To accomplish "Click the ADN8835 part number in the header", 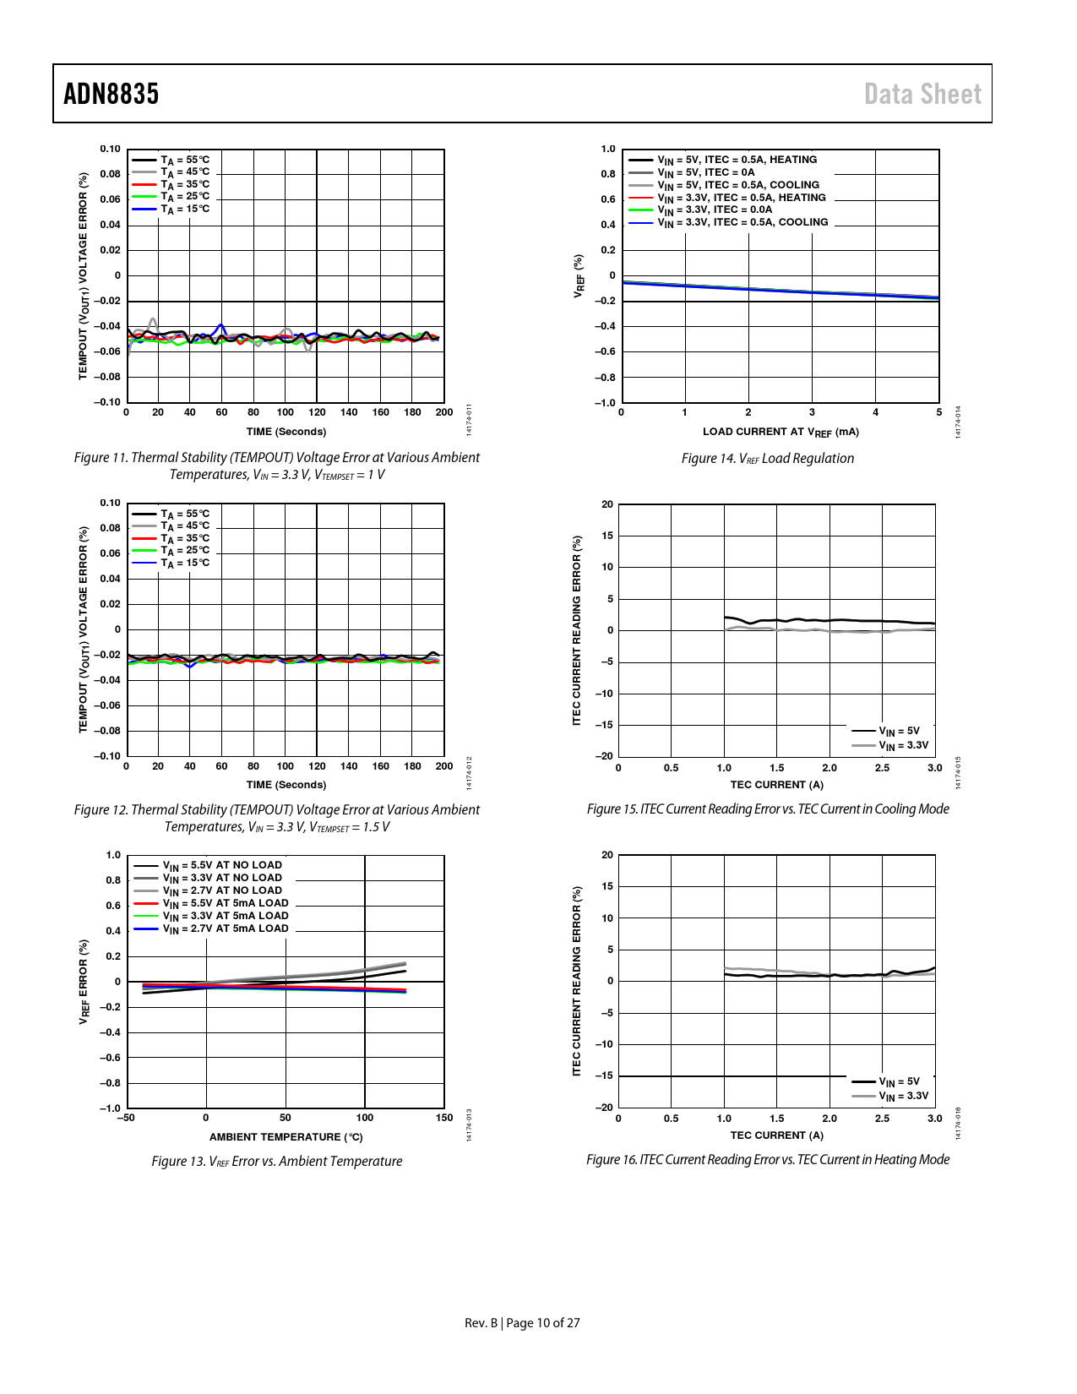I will pyautogui.click(x=111, y=94).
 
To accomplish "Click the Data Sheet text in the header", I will pyautogui.click(x=922, y=94).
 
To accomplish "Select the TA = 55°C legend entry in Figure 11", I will pyautogui.click(x=185, y=160).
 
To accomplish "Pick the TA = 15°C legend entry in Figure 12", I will pyautogui.click(x=185, y=563).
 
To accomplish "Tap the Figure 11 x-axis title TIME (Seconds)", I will pyautogui.click(x=286, y=432).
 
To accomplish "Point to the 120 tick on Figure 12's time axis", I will pyautogui.click(x=317, y=766).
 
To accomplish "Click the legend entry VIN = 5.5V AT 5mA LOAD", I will pyautogui.click(x=226, y=903).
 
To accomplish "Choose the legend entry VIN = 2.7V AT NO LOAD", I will pyautogui.click(x=222, y=890).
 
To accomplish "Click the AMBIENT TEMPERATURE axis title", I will pyautogui.click(x=286, y=1137).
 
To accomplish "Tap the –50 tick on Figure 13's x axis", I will pyautogui.click(x=126, y=1118).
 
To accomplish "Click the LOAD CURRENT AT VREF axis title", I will pyautogui.click(x=781, y=432).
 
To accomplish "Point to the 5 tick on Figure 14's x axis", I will pyautogui.click(x=938, y=412).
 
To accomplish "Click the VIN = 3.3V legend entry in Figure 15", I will pyautogui.click(x=903, y=745).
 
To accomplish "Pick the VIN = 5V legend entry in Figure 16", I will pyautogui.click(x=899, y=1081).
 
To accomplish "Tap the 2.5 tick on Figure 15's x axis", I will pyautogui.click(x=882, y=768).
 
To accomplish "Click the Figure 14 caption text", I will pyautogui.click(x=767, y=459).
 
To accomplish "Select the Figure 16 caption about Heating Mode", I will pyautogui.click(x=767, y=1160).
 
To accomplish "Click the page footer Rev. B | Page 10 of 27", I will pyautogui.click(x=522, y=1323).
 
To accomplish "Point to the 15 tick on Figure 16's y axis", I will pyautogui.click(x=607, y=886).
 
